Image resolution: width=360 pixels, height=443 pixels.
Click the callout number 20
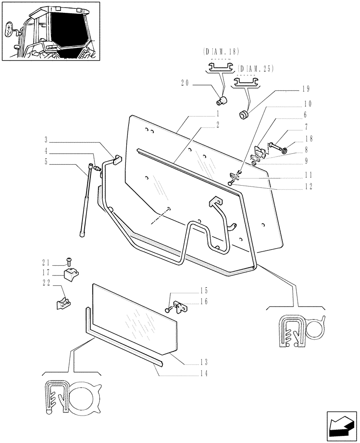coord(185,82)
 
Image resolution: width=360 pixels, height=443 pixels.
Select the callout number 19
coord(305,89)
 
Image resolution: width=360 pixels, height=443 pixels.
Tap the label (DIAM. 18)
coord(220,51)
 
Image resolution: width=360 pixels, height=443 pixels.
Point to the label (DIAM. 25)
coord(255,69)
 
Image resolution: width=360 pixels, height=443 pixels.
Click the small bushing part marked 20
coord(224,99)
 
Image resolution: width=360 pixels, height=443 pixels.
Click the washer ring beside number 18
coord(284,151)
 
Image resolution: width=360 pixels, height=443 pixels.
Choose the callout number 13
coord(203,361)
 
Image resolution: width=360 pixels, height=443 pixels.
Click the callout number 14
coord(203,374)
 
